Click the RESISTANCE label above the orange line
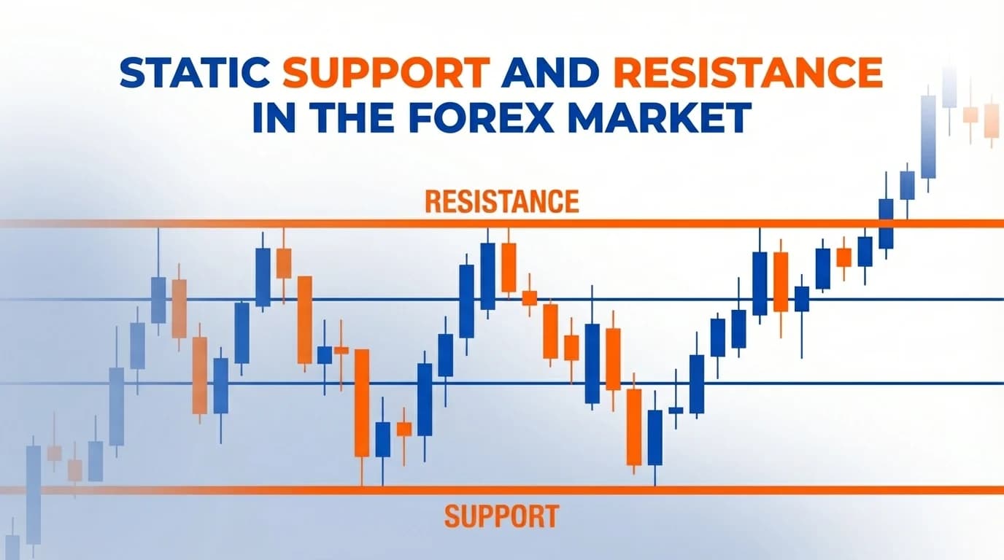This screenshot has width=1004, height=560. click(x=501, y=201)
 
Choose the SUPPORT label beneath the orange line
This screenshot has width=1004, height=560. click(x=501, y=516)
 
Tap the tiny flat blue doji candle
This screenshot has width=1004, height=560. click(x=676, y=411)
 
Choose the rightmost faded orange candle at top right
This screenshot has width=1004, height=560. click(x=992, y=120)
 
